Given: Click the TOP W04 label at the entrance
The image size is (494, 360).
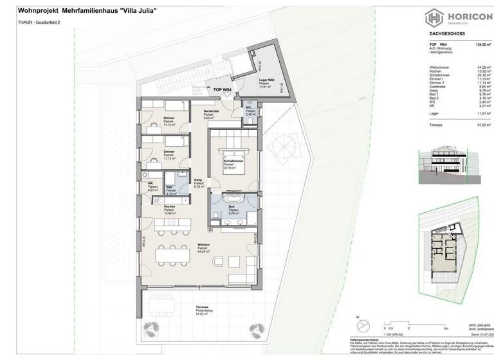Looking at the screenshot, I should point(223,90).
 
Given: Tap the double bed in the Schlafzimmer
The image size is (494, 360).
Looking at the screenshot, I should point(230,154).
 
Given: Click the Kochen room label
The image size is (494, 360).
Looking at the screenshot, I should point(170,206).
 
